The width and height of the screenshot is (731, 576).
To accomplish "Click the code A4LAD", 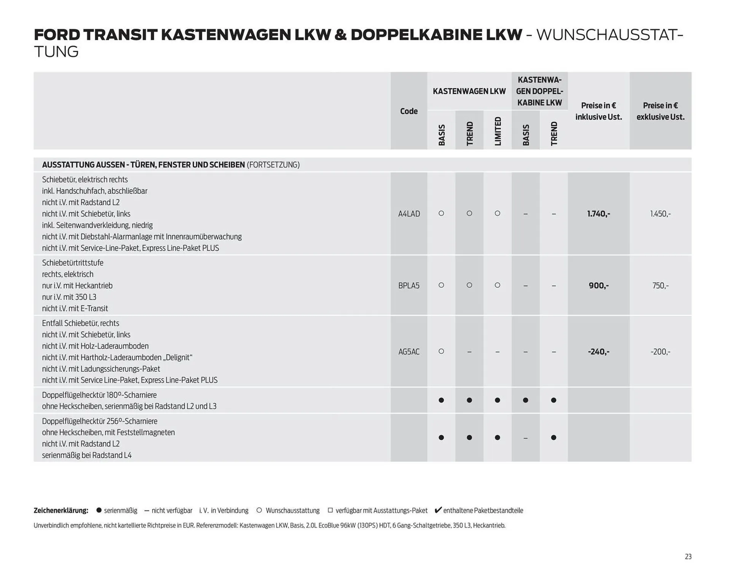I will [x=409, y=214].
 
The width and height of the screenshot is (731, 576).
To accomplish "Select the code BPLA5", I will [x=409, y=285].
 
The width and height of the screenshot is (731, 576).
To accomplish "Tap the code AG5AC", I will [x=409, y=352].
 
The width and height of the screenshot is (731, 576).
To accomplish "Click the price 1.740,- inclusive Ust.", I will [x=599, y=214].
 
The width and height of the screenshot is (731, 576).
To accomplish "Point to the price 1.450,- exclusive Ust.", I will [x=660, y=214].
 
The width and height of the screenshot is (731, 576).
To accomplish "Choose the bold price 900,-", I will [x=599, y=285].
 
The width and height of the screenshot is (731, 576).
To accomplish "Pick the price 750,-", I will [x=660, y=285].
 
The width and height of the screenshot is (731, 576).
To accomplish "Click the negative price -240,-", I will [x=599, y=352].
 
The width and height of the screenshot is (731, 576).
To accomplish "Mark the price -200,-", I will [x=660, y=352].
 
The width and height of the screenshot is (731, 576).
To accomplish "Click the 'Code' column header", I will [x=409, y=111].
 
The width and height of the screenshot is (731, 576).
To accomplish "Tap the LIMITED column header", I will [x=498, y=131].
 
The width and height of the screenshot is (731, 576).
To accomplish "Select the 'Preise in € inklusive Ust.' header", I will [x=599, y=111].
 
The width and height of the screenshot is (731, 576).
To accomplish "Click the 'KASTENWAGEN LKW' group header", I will [x=469, y=91].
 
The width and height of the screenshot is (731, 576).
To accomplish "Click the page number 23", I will [x=688, y=557].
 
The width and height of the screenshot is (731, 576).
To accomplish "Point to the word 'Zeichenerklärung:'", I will [x=61, y=511].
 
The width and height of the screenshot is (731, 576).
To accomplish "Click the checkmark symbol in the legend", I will [x=438, y=510].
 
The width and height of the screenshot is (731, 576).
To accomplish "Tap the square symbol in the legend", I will [x=330, y=510].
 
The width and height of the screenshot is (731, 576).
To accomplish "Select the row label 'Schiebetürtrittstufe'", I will [x=73, y=263].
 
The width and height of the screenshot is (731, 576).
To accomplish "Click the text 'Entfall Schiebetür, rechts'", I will [x=80, y=323].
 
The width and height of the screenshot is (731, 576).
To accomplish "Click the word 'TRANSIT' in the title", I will [x=120, y=35].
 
